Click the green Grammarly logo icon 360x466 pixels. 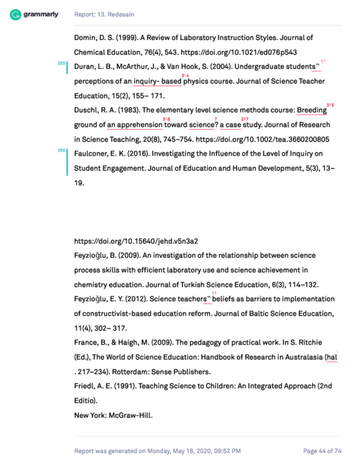click(x=16, y=14)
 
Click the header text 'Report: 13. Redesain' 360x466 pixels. click(x=104, y=14)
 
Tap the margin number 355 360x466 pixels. click(x=61, y=64)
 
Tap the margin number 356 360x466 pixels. click(x=61, y=150)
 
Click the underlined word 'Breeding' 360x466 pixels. click(x=311, y=110)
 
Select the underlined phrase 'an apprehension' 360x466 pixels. click(x=135, y=125)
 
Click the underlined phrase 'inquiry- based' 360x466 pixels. click(x=157, y=81)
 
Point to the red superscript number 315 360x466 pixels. click(x=330, y=104)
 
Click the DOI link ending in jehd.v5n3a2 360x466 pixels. click(x=136, y=241)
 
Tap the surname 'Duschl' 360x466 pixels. click(x=86, y=110)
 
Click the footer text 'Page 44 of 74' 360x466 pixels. click(x=322, y=451)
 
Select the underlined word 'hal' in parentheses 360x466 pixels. click(x=332, y=357)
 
